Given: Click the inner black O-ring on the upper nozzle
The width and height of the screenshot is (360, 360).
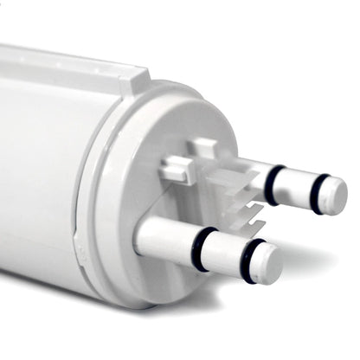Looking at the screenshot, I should [273, 184].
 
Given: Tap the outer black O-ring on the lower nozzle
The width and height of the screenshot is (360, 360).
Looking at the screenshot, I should [252, 260].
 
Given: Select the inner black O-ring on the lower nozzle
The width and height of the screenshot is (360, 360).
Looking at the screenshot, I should [204, 247].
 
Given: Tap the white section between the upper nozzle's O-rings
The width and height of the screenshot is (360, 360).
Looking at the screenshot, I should [296, 187].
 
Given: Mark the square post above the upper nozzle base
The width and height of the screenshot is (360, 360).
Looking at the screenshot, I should [204, 148].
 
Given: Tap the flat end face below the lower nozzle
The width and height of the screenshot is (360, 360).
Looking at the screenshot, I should [173, 277].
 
